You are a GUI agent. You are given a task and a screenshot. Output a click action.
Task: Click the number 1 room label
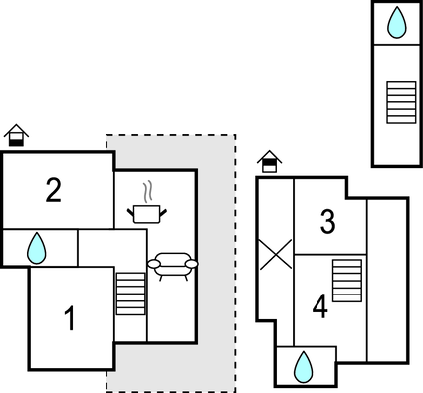pyautogui.click(x=69, y=320)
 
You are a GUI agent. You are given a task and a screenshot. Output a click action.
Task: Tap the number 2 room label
pyautogui.click(x=54, y=190)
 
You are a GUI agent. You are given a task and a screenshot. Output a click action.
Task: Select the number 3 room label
pyautogui.click(x=327, y=223)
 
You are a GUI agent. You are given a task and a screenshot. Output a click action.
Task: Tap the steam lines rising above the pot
pyautogui.click(x=148, y=190)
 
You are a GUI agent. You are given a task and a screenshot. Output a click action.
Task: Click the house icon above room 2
pyautogui.click(x=16, y=135)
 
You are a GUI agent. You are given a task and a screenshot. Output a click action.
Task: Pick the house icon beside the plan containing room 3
pyautogui.click(x=268, y=161)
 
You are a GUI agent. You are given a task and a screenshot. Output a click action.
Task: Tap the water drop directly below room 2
pyautogui.click(x=37, y=248)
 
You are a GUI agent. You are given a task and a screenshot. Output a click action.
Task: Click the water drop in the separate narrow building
pyautogui.click(x=397, y=22)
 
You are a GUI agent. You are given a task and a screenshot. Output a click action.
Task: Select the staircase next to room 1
pyautogui.click(x=130, y=293)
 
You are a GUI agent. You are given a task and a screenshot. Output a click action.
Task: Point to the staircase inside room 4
pyautogui.click(x=346, y=280)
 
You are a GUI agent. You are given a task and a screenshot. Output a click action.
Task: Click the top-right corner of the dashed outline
pyautogui.click(x=235, y=135)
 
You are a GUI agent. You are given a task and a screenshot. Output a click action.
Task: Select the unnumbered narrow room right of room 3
pyautogui.click(x=387, y=279)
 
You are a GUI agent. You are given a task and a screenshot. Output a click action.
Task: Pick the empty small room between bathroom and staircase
pyautogui.click(x=97, y=249)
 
